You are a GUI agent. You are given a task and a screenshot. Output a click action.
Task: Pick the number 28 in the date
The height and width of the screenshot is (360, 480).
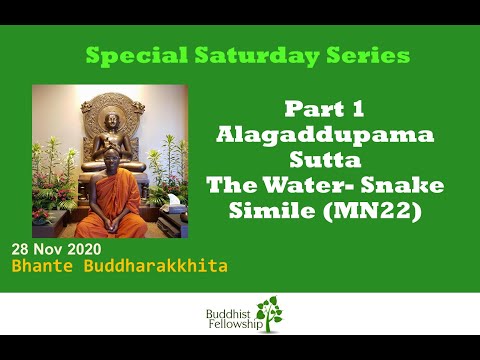(21, 249)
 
